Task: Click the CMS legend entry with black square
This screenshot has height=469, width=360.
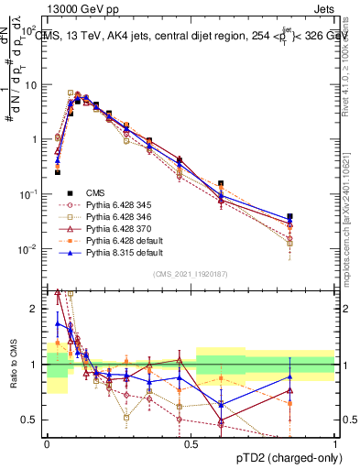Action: coord(96,193)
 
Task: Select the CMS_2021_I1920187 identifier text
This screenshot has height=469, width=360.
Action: coord(191,274)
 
